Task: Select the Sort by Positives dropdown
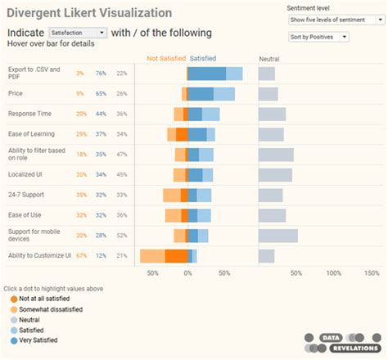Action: [x=318, y=37]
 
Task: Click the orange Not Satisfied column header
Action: [x=165, y=59]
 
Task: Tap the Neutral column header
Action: [x=268, y=59]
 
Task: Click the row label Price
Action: [x=16, y=94]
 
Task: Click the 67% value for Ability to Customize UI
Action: [x=81, y=256]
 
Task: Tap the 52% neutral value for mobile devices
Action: [x=121, y=236]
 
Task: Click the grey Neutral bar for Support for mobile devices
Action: [x=277, y=236]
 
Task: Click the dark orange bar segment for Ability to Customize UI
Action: [x=176, y=256]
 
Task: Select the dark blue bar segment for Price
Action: [x=201, y=94]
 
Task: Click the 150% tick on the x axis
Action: [x=372, y=272]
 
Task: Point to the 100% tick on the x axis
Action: [x=334, y=272]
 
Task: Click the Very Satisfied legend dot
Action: [x=15, y=340]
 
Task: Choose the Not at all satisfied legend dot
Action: [x=15, y=300]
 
